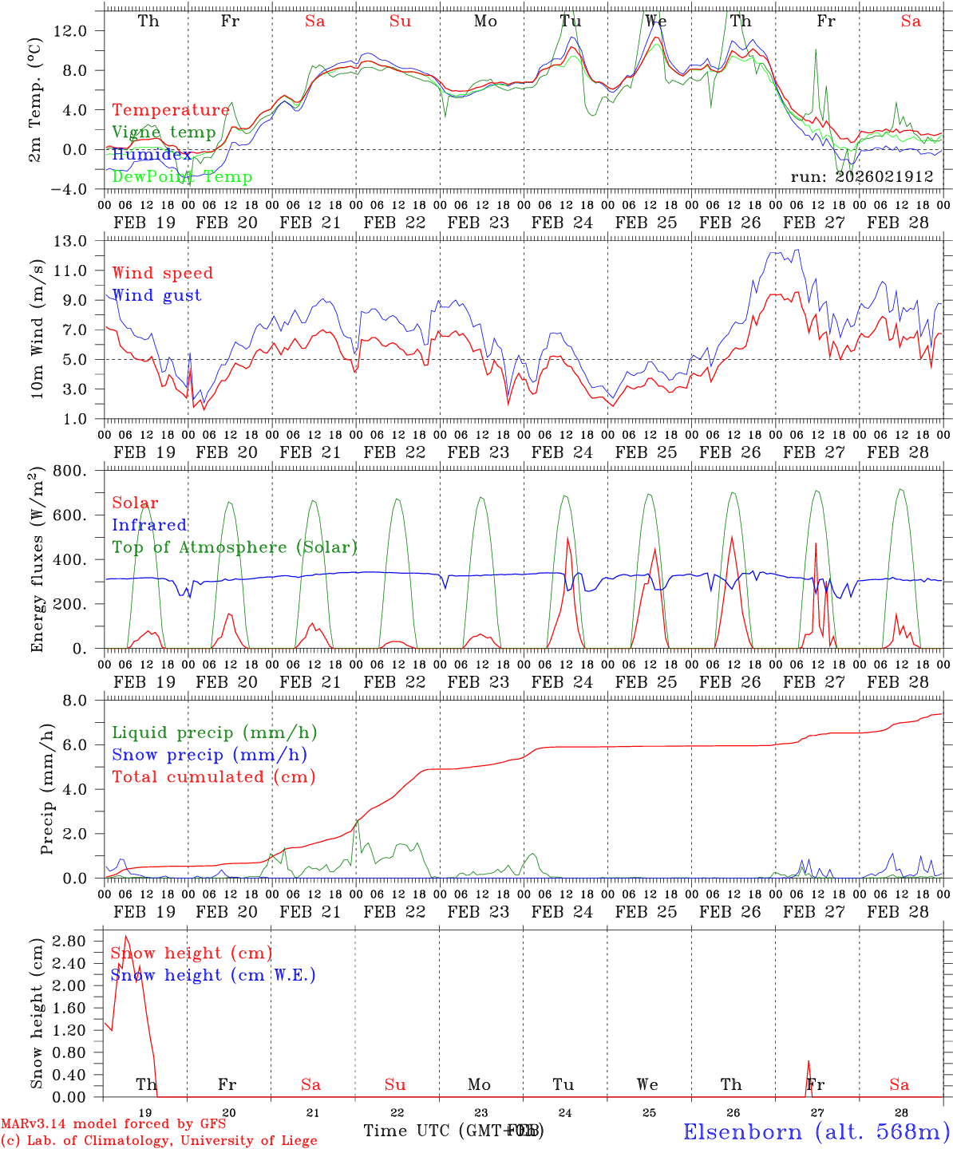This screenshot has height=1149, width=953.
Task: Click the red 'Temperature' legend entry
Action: (170, 110)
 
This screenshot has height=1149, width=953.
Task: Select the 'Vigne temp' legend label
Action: (164, 132)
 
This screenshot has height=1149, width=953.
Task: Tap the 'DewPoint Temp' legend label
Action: (182, 177)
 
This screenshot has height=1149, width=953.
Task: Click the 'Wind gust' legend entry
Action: (156, 295)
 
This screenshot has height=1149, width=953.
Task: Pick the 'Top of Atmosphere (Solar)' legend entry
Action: (235, 547)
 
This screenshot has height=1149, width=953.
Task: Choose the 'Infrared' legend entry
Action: (149, 525)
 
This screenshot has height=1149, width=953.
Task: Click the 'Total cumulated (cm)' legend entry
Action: (213, 776)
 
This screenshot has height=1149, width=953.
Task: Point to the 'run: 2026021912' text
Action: (862, 177)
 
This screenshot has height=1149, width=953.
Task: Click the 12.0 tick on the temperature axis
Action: (80, 30)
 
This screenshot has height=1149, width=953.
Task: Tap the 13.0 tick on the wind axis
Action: (80, 241)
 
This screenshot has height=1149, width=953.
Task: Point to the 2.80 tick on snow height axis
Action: (77, 941)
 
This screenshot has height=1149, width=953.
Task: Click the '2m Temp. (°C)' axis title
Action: (36, 101)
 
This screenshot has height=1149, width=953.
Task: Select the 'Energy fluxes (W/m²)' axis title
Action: (36, 560)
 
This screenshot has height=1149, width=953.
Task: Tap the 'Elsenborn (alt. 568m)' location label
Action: (816, 1131)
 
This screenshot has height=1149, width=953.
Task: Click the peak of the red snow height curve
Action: (126, 936)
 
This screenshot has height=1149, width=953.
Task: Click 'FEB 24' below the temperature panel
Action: (563, 223)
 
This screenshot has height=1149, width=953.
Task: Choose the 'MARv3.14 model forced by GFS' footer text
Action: (113, 1123)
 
